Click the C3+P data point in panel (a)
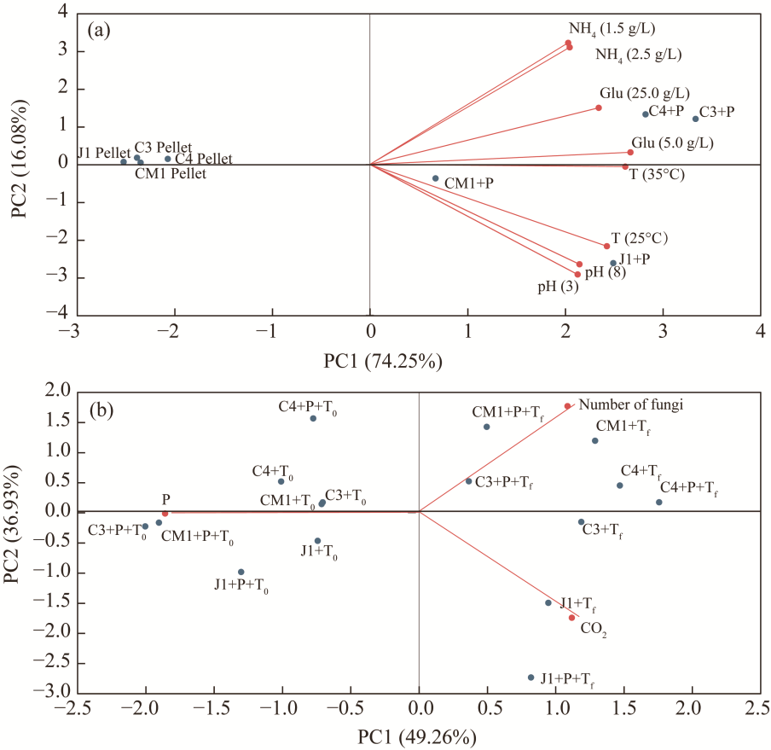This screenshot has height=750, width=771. click(695, 119)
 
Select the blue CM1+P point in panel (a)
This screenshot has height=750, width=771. click(435, 178)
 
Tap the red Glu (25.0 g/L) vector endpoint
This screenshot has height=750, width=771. click(599, 108)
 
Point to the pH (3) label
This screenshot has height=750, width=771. click(558, 288)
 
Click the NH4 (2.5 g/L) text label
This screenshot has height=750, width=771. click(638, 55)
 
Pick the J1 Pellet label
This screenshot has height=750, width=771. click(103, 153)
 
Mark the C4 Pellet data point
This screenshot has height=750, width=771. click(168, 159)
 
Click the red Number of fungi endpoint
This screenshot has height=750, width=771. click(567, 406)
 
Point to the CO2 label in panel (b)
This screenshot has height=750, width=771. click(594, 629)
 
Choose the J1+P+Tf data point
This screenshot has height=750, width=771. click(530, 677)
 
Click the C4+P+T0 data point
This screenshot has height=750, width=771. click(313, 418)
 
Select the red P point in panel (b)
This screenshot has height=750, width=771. click(165, 514)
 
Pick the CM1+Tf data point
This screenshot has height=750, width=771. click(595, 440)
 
